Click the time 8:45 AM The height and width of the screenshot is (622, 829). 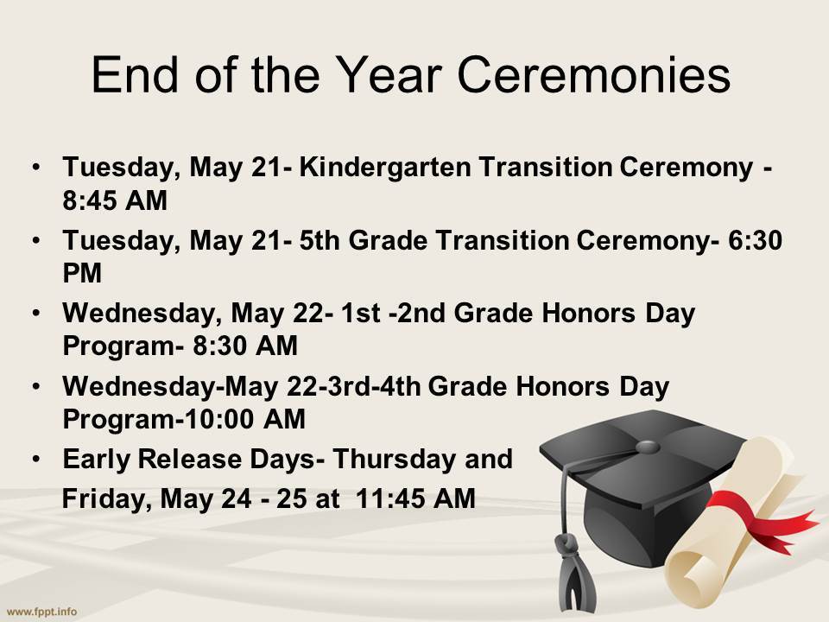coord(115,200)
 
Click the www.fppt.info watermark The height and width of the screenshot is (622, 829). coord(40,611)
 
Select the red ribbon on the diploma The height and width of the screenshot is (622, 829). coord(777,515)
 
